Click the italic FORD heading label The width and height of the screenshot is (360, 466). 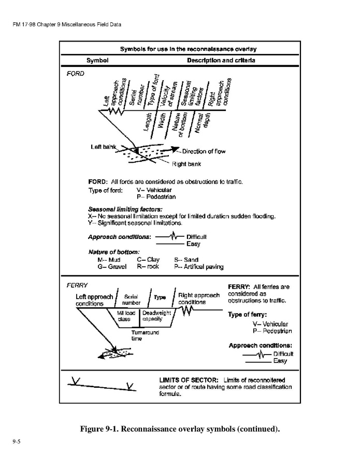75,74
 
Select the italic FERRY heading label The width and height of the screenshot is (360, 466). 77,285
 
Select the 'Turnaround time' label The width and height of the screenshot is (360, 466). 145,335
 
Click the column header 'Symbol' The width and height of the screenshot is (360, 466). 97,60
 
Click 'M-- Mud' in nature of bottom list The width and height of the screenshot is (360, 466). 109,260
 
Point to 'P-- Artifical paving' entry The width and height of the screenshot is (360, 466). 199,267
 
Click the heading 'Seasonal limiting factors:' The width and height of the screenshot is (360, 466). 121,209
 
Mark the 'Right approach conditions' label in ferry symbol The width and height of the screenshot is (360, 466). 199,299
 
